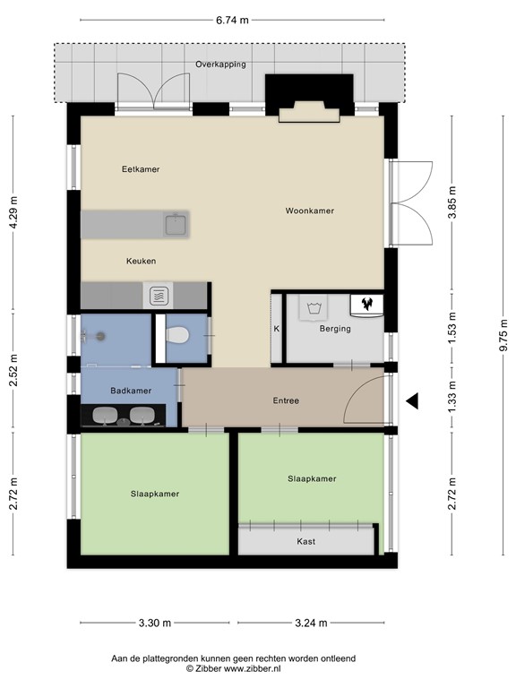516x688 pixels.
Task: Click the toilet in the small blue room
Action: tap(177, 335)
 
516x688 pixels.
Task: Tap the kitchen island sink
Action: tap(176, 224)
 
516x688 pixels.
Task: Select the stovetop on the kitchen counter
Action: tap(159, 296)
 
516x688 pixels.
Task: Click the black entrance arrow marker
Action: tap(411, 400)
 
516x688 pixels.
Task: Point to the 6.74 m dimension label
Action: tap(232, 20)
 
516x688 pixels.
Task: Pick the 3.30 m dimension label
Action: tap(155, 623)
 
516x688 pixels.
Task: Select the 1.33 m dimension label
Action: tap(452, 398)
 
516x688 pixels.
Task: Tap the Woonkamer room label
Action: tap(310, 211)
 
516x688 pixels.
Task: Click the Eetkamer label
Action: tap(141, 169)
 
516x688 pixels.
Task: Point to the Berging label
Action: tap(335, 328)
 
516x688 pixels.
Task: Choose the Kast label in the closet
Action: tap(305, 541)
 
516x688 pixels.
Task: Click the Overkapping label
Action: tap(220, 64)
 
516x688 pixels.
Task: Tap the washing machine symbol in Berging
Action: tap(314, 307)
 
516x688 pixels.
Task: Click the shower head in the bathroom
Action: tap(101, 337)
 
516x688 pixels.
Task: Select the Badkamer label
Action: tap(131, 391)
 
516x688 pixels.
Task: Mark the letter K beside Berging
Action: tap(277, 329)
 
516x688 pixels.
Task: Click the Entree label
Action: tap(286, 400)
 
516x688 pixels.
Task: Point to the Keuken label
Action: tap(142, 261)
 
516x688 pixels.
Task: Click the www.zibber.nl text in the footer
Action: tap(253, 668)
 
